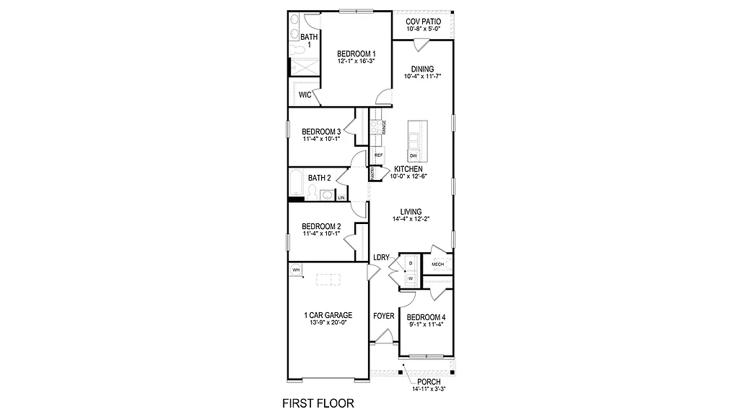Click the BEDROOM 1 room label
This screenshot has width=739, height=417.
click(356, 54)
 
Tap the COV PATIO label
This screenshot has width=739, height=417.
click(423, 22)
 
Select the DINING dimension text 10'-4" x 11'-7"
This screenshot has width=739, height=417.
click(422, 76)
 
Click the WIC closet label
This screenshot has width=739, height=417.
click(305, 95)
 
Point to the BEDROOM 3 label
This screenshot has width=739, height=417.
click(321, 132)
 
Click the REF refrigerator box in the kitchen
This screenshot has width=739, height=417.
click(378, 155)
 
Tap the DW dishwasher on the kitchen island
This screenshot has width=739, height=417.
click(414, 156)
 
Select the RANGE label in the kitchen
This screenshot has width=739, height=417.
click(385, 128)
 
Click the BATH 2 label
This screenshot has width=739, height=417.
click(320, 178)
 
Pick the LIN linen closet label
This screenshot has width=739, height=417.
click(341, 197)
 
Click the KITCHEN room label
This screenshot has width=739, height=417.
click(408, 169)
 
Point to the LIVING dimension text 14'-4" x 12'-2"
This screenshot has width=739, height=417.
click(411, 219)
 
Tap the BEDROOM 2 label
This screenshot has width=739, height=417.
click(321, 225)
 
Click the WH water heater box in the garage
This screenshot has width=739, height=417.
click(296, 270)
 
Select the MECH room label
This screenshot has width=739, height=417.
click(437, 265)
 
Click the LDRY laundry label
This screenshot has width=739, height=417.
click(381, 257)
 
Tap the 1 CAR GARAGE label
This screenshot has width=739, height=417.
click(328, 316)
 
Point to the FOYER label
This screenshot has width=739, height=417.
click(383, 317)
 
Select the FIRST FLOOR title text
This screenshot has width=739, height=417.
click(317, 402)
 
